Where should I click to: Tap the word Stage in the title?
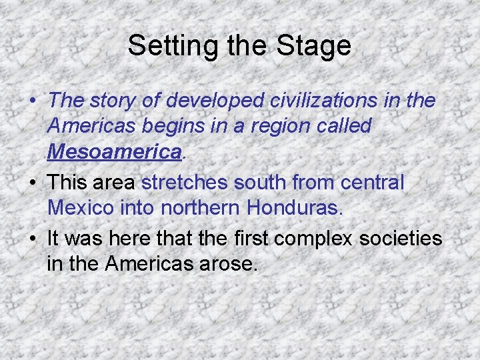(x=317, y=46)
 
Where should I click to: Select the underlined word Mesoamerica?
(x=115, y=153)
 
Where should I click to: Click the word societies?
(x=398, y=238)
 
